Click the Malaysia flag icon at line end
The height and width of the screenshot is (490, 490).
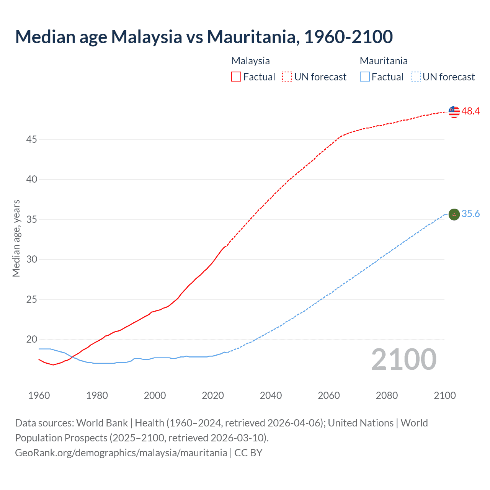454,111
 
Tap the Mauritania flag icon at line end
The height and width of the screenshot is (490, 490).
454,214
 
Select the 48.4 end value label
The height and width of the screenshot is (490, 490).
470,111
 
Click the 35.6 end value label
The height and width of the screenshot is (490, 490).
470,214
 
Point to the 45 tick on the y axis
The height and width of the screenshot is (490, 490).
31,140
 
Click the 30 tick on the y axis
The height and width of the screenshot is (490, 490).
31,260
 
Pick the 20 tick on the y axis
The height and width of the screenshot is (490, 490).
31,340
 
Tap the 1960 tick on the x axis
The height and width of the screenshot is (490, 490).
39,395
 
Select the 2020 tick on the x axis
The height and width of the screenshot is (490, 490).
213,395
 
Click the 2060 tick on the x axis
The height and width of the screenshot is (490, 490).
329,395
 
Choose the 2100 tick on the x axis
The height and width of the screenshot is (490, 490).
444,395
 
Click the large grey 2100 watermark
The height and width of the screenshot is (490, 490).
403,359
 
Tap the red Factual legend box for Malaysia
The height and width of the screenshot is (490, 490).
236,77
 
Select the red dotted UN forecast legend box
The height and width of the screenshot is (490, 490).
287,77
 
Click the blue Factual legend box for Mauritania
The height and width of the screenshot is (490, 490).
365,77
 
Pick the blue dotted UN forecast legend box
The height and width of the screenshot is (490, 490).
416,77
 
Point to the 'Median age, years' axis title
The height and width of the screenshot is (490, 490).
16,238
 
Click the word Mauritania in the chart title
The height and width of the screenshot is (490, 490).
253,37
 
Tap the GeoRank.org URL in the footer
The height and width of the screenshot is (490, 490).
121,453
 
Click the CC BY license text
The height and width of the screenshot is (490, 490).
248,453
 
